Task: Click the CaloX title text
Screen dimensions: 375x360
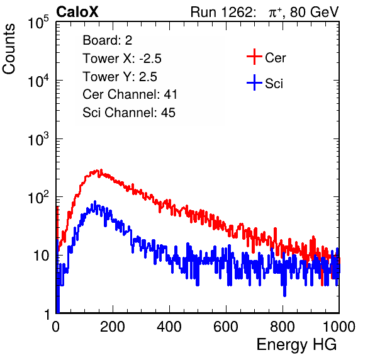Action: tap(77, 12)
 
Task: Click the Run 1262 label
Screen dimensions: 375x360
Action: tap(221, 12)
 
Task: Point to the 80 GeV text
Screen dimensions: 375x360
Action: tap(315, 12)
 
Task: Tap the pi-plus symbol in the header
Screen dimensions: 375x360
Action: tap(275, 13)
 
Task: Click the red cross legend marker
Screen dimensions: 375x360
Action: tap(254, 57)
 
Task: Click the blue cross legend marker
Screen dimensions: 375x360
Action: tap(254, 82)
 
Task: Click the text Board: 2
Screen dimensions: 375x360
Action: tap(108, 40)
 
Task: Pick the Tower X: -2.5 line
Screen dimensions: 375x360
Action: tap(122, 59)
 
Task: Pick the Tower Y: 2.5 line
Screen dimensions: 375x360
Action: tap(120, 77)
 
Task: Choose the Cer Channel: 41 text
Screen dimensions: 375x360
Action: tap(130, 94)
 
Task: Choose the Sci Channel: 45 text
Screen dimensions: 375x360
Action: tap(129, 112)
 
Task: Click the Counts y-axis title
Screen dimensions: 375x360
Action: tap(9, 49)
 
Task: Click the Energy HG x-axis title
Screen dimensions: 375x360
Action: tap(297, 344)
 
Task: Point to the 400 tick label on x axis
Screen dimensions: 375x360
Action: tap(169, 327)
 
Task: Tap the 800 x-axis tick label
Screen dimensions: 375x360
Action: tap(283, 327)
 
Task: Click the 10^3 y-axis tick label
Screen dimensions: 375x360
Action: tap(38, 139)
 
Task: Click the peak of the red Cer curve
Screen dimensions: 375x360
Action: tap(101, 170)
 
